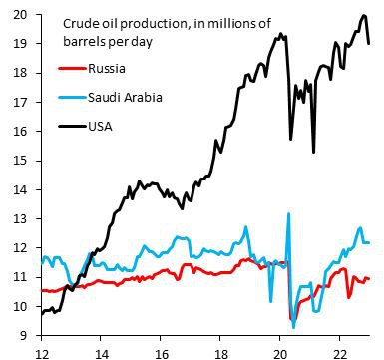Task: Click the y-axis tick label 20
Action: pos(19,13)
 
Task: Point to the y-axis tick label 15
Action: pos(19,161)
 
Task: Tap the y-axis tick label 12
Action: pos(19,248)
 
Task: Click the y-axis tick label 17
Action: pos(19,102)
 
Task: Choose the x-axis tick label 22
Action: pos(338,350)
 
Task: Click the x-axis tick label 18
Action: pos(219,350)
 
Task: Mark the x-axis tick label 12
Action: pos(41,350)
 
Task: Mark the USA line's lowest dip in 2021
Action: pos(314,152)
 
